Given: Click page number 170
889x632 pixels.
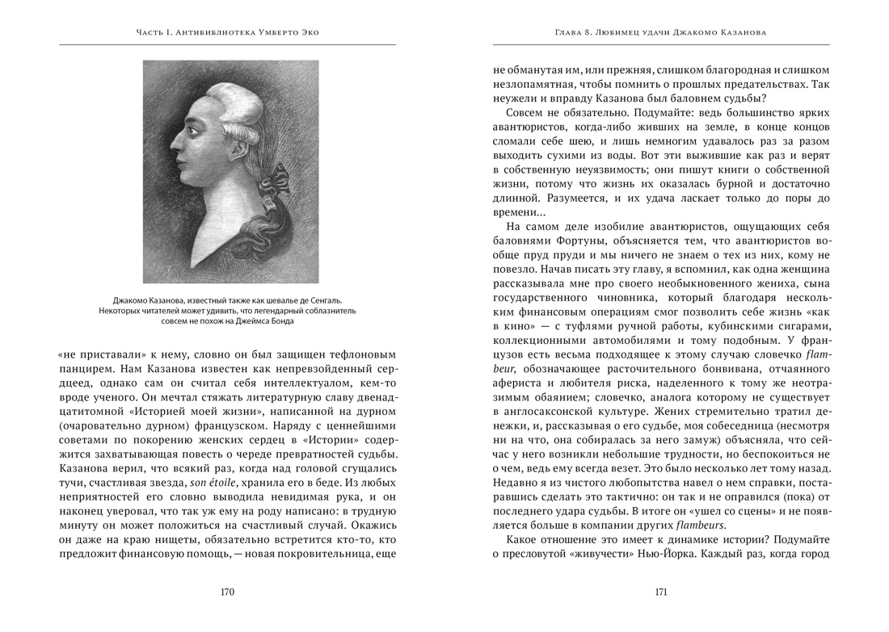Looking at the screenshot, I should tap(227, 592).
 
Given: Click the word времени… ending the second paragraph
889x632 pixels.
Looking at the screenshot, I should tap(520, 211).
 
